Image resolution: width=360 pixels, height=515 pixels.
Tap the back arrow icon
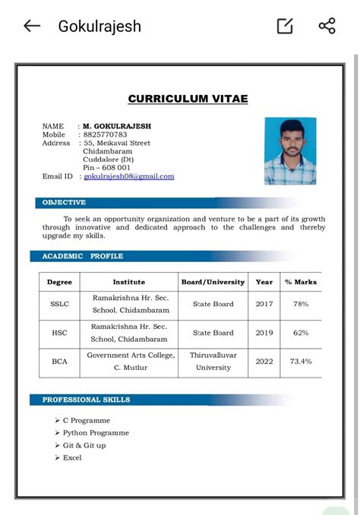pos(31,26)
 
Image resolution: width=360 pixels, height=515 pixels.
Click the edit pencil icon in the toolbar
pos(285,26)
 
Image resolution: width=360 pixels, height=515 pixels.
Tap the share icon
pos(327,26)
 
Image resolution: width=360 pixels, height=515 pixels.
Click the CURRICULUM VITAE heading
pos(188,99)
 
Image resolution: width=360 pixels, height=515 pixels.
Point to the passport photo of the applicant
pos(290,150)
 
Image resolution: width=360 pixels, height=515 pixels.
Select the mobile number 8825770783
pos(105,134)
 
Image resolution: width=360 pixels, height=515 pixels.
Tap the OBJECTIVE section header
pos(64,203)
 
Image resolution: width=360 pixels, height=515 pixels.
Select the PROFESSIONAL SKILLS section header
pos(86,400)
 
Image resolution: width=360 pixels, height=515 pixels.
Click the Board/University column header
pos(213,282)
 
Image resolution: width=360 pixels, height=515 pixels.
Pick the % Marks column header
pos(301,282)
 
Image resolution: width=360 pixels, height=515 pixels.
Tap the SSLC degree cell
pos(60,304)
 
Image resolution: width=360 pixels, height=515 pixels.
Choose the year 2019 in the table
pos(264,333)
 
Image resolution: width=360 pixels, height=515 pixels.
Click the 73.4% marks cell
pos(301,362)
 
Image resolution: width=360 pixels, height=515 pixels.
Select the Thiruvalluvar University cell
pos(213,362)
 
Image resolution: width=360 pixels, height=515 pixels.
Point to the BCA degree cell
pos(60,362)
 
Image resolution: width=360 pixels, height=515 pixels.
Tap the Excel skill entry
pos(72,458)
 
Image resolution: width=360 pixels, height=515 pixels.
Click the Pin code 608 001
pos(106,168)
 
